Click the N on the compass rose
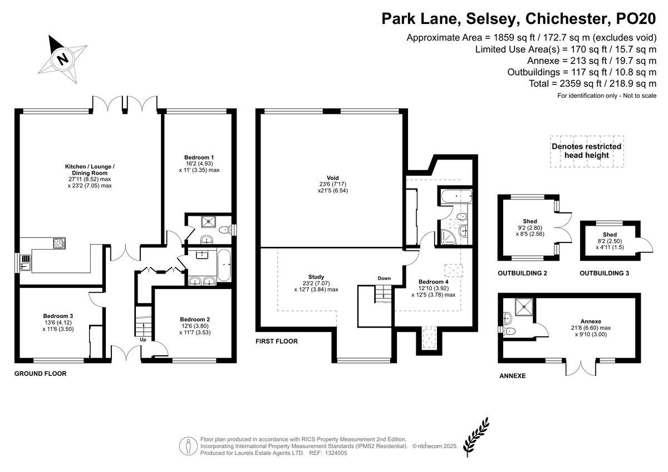63,59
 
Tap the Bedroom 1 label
199,157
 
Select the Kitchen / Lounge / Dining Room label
90,170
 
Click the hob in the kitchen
60,243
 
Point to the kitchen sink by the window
26,262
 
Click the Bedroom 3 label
58,316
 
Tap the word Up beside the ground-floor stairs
143,340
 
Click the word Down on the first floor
384,278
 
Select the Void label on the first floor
332,178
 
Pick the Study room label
316,277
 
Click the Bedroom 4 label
433,282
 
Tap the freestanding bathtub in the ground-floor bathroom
224,265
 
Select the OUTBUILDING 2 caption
523,273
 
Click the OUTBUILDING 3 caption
604,273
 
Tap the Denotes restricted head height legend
586,151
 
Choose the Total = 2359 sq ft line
592,84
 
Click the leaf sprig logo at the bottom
476,437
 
